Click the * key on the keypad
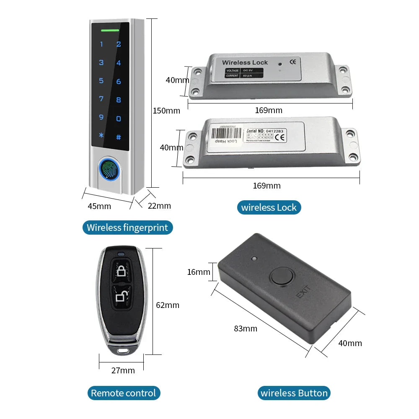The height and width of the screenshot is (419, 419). (x=101, y=135)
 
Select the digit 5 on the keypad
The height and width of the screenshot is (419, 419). (x=101, y=80)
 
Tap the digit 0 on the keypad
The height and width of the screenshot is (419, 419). (x=119, y=119)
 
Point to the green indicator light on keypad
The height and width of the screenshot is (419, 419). (x=110, y=30)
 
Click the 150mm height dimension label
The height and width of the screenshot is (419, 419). (x=166, y=111)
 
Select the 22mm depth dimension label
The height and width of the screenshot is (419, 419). (x=160, y=206)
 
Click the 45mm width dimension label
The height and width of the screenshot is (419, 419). (x=99, y=206)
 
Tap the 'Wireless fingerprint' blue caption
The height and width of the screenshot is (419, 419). (x=127, y=228)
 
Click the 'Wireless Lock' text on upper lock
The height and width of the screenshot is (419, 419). (x=245, y=62)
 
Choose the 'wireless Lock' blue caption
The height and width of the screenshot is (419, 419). (x=269, y=207)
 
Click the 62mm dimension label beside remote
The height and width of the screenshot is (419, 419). (x=168, y=305)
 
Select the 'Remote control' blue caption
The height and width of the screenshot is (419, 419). (x=123, y=393)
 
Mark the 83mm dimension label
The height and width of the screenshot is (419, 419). (x=246, y=328)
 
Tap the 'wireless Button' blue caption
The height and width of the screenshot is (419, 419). (x=294, y=393)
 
